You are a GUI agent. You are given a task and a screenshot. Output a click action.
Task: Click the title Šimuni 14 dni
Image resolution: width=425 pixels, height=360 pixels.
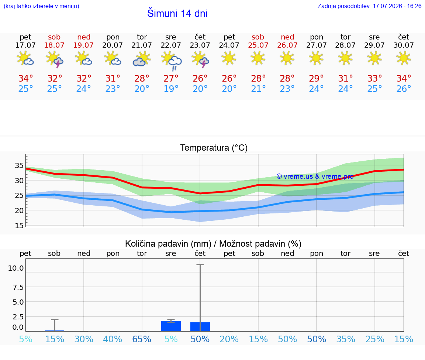(x=177, y=13)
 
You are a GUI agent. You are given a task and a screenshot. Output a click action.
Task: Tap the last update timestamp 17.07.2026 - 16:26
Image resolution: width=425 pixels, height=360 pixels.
(x=397, y=6)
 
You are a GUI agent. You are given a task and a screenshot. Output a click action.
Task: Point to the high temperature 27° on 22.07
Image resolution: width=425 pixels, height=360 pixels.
(x=171, y=78)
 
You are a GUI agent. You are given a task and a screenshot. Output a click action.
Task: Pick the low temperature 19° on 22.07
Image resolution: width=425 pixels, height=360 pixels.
(x=171, y=89)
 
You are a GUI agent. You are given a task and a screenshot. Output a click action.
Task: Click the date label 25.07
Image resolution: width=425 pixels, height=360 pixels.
(x=258, y=45)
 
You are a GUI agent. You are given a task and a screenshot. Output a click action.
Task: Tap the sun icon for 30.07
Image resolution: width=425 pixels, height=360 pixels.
(x=403, y=58)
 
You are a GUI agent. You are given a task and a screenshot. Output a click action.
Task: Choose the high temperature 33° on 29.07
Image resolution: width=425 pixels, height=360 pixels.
(x=374, y=78)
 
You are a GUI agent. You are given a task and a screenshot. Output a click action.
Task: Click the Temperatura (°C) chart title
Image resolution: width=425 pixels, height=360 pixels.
(x=214, y=148)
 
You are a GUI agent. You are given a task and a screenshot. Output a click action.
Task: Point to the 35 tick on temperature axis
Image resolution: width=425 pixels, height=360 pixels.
(x=19, y=165)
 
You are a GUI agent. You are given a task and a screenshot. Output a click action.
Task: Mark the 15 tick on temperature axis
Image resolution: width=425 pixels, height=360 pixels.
(x=19, y=226)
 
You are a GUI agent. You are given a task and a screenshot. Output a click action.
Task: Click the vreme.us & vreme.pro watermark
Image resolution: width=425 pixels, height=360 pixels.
(x=315, y=176)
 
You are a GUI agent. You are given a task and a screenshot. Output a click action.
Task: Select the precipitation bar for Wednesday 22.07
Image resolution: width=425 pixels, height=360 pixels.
(x=171, y=326)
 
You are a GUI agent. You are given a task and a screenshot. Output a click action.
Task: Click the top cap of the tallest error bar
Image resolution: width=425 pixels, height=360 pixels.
(x=200, y=264)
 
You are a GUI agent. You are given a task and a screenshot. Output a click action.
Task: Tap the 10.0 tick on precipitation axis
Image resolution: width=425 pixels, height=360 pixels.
(x=16, y=268)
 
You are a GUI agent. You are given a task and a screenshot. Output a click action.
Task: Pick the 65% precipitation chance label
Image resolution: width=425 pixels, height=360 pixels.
(x=142, y=339)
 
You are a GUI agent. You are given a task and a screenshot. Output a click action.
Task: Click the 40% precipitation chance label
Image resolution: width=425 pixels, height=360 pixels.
(x=113, y=339)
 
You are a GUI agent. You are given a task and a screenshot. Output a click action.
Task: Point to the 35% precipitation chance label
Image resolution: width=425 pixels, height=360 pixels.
(x=346, y=339)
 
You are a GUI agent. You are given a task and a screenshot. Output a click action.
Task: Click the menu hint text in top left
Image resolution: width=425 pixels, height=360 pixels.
(x=41, y=6)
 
